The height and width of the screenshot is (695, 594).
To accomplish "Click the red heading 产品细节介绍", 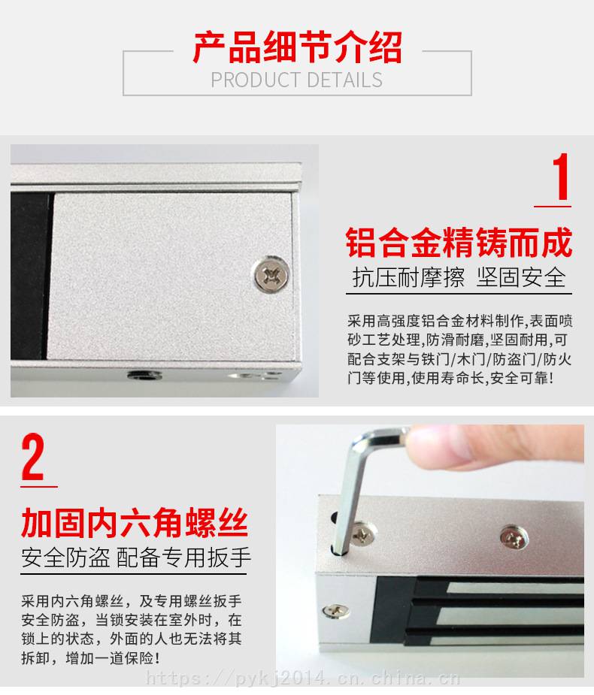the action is (x=297, y=47).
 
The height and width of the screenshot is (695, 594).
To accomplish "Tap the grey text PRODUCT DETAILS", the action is (x=296, y=80).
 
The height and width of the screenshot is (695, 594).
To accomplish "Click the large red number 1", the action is (x=561, y=177).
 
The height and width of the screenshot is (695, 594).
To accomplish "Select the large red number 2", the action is (x=33, y=457).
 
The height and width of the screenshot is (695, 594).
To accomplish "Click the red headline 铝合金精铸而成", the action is (x=459, y=242).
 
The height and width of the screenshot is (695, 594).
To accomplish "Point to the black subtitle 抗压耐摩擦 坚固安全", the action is (x=459, y=277).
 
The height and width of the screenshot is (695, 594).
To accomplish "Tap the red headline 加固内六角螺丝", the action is (x=134, y=523).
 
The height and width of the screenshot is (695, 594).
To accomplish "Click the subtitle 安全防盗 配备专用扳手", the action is (x=136, y=558).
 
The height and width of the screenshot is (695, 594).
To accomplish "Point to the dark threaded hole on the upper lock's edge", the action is (x=144, y=376).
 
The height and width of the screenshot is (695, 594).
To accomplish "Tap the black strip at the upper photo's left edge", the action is (x=30, y=275).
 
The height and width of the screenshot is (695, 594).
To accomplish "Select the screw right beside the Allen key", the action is (x=364, y=534).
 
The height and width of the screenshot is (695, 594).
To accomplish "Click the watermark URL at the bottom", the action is (x=303, y=678).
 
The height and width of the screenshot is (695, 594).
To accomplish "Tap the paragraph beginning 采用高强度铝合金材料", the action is (x=459, y=349).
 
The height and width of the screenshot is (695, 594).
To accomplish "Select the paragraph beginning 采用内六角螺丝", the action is (x=132, y=630).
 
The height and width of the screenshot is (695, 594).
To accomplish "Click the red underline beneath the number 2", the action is (x=39, y=487).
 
